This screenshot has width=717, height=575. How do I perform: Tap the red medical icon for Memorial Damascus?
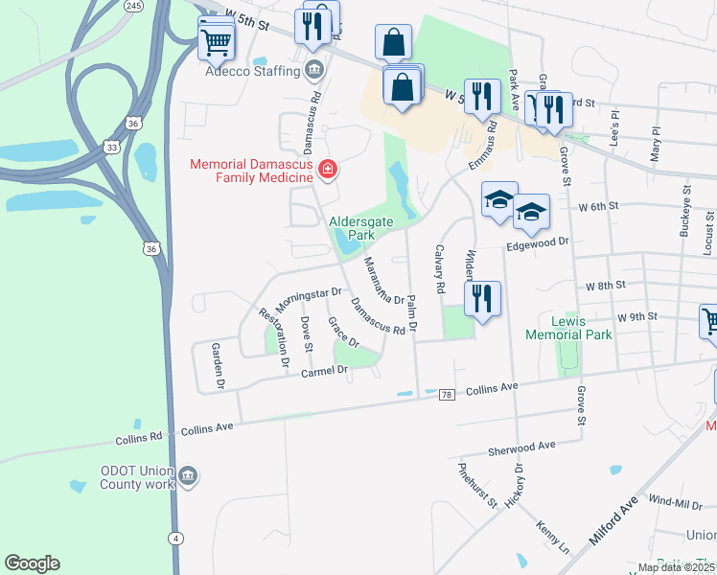(329, 170)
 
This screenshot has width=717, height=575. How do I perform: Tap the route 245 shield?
(133, 6)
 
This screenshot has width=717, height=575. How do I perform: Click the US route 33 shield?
(113, 147)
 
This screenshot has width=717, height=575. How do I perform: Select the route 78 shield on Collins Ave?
(446, 394)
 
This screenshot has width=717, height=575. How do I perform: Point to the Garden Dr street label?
(217, 366)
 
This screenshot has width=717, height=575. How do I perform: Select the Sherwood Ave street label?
(522, 447)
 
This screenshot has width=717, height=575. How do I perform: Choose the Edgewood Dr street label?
(537, 242)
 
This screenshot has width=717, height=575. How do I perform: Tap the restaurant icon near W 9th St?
(482, 298)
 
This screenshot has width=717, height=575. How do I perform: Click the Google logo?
(32, 563)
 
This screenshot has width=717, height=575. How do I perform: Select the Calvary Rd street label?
(440, 268)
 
